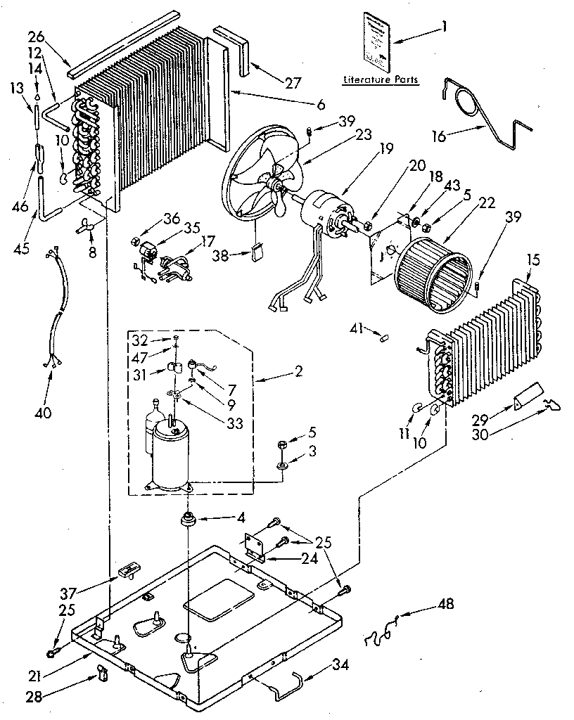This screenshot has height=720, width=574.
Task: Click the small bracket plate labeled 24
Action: click(x=255, y=546)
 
